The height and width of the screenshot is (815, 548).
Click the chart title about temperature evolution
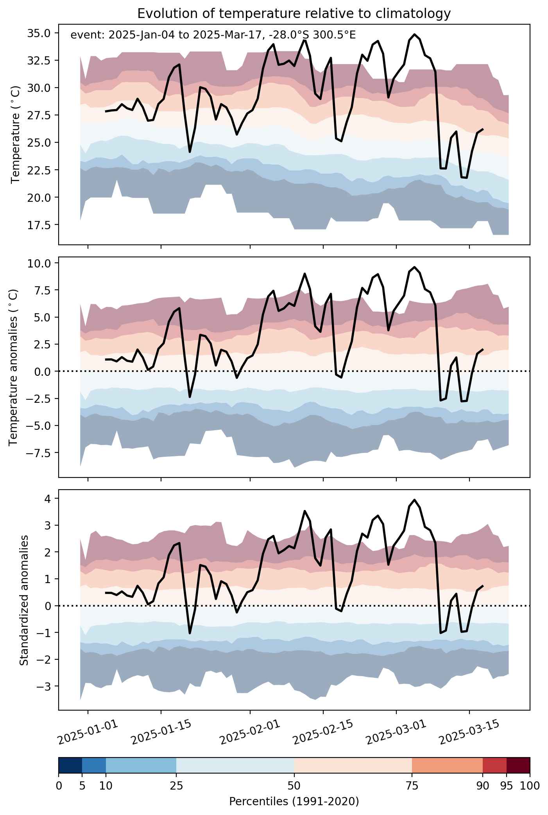pyautogui.click(x=294, y=14)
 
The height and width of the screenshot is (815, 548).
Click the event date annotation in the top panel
pyautogui.click(x=213, y=35)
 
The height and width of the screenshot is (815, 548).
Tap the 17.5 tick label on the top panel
pyautogui.click(x=39, y=224)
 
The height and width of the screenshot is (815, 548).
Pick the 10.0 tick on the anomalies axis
pyautogui.click(x=39, y=263)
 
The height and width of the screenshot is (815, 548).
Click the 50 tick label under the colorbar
pyautogui.click(x=294, y=785)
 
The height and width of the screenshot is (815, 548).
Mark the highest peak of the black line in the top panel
pyautogui.click(x=414, y=34)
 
